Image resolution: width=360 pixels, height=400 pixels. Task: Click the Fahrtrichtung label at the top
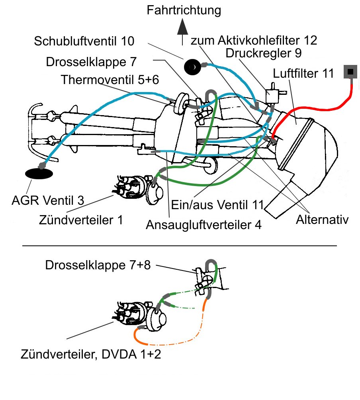point(184,10)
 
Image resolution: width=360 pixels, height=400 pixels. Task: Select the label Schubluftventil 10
point(84,41)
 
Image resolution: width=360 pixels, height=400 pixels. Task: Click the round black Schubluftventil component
point(192,67)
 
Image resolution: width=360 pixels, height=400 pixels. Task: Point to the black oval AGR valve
point(39,174)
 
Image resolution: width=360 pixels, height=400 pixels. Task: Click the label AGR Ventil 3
point(48,200)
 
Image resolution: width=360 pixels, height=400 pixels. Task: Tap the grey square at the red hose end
point(350,71)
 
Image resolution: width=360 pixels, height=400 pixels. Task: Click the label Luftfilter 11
point(303,73)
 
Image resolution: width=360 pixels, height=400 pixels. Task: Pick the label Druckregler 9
point(263,53)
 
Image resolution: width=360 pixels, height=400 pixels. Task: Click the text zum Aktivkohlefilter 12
point(254,40)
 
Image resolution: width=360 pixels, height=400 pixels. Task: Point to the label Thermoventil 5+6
point(110,80)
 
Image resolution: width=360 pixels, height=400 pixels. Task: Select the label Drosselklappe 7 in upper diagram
point(91,62)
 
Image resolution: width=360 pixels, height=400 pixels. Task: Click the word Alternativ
point(322,220)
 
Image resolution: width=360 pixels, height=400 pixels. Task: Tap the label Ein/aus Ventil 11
point(217,205)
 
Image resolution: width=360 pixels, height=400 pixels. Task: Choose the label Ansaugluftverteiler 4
point(203,225)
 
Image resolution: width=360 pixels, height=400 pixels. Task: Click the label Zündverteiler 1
point(81,220)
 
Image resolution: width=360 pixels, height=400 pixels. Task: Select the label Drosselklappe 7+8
point(98,265)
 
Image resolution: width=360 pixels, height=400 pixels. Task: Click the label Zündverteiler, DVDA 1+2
point(91,354)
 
